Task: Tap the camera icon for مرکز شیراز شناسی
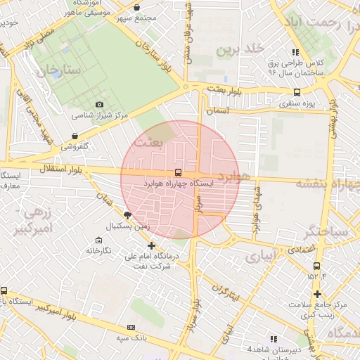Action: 98,104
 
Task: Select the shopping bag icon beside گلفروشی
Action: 75,136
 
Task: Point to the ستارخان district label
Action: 60,71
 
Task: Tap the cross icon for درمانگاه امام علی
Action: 152,245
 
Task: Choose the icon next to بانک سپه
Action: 131,327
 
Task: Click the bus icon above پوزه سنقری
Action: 297,92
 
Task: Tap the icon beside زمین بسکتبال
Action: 127,216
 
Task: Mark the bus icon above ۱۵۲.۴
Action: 316,266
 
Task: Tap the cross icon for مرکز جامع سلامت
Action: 318,294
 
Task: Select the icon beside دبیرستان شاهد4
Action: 274,338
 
